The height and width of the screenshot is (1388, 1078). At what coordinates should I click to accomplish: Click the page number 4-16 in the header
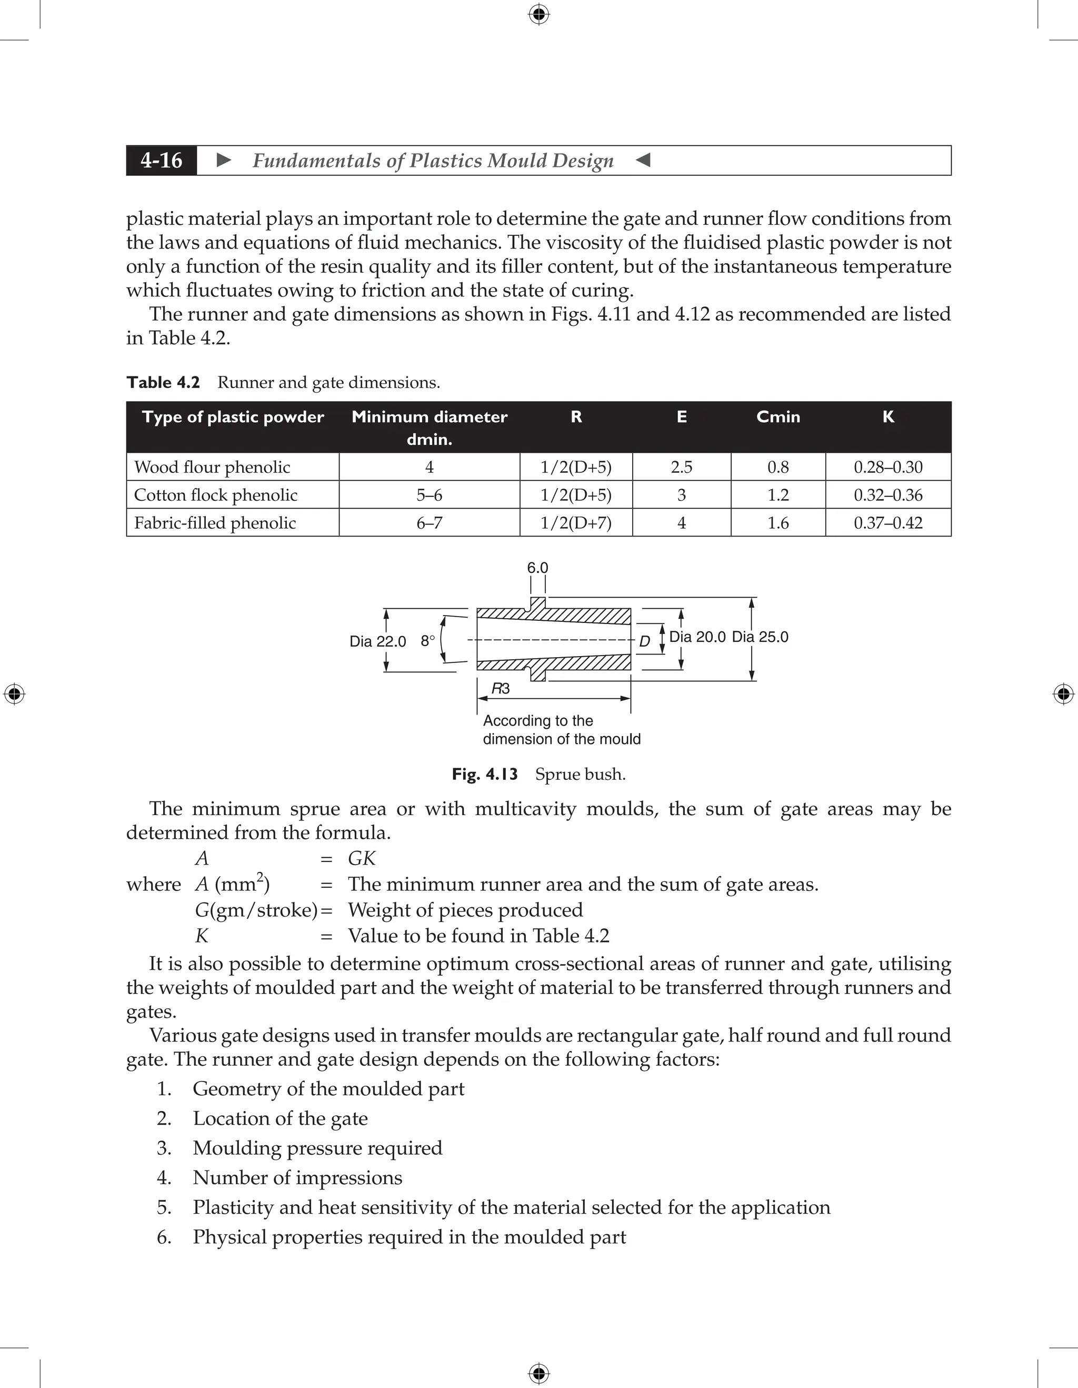point(162,160)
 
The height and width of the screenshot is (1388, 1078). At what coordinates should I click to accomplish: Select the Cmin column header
point(777,417)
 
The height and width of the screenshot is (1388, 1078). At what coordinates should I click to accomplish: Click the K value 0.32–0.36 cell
point(887,495)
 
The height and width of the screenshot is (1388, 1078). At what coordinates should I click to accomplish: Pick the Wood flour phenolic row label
point(212,467)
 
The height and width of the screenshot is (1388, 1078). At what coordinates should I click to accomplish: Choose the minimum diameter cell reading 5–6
point(429,495)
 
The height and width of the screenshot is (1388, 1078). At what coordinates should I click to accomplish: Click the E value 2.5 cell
point(681,467)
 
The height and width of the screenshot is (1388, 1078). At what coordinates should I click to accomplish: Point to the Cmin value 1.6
point(777,523)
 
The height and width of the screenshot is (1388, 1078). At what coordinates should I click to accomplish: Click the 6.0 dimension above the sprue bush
point(537,568)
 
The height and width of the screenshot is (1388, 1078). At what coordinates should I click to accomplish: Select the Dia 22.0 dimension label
point(377,641)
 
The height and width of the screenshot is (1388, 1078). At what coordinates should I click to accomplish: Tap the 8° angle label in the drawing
point(427,641)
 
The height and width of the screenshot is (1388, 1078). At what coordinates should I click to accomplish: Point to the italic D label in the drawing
point(644,641)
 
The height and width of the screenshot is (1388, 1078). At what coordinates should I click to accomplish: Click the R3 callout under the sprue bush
point(501,689)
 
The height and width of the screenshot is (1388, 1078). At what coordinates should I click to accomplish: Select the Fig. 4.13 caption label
point(484,774)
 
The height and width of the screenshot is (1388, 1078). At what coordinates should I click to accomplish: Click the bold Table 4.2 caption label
point(163,383)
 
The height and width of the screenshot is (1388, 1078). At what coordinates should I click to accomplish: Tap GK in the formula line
point(362,859)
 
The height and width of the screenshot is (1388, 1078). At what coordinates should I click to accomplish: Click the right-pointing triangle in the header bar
point(224,160)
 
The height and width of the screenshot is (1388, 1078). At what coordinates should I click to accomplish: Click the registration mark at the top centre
point(538,14)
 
